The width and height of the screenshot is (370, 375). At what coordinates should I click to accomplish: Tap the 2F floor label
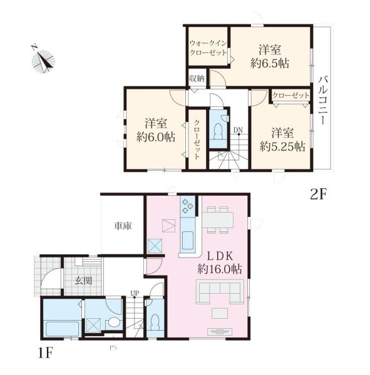pos(319,194)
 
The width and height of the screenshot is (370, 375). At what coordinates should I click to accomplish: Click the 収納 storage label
pos(196,79)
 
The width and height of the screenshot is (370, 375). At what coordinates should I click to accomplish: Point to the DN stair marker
pos(238,130)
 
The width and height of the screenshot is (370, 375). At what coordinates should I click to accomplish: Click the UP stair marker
pos(134,292)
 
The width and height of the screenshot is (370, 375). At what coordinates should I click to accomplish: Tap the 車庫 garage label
pos(121,226)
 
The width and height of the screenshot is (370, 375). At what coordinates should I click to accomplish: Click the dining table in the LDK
pos(217,219)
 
